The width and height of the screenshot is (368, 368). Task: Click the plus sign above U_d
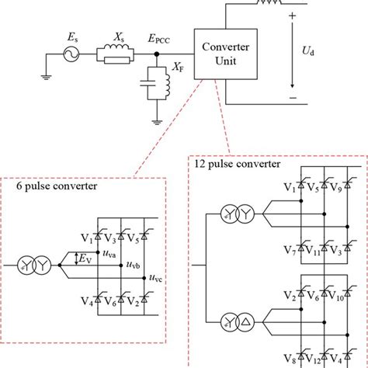tap(293, 16)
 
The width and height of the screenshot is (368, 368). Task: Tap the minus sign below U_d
tap(293, 98)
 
